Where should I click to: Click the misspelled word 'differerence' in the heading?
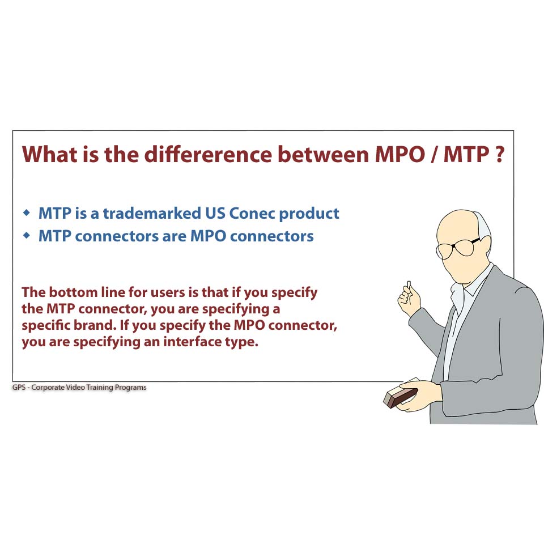click(208, 154)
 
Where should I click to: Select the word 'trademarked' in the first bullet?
click(152, 214)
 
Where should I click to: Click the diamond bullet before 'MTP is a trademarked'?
click(27, 212)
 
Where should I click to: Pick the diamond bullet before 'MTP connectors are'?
click(27, 236)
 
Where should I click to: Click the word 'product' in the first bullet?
click(309, 214)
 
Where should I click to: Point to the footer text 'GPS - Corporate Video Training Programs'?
click(79, 387)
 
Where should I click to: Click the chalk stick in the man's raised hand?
click(409, 286)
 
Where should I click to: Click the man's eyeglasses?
click(458, 247)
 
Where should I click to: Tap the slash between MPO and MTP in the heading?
click(434, 154)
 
